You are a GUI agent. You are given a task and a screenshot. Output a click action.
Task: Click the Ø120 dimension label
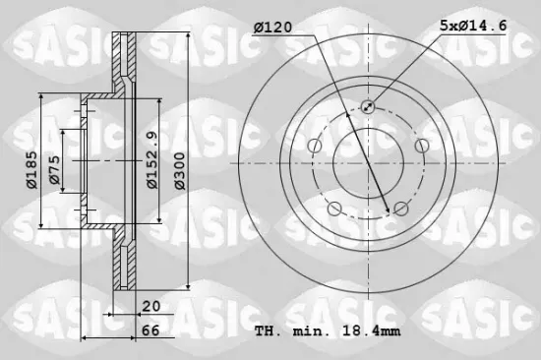point(273,27)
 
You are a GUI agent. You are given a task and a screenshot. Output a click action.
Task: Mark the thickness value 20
point(150,305)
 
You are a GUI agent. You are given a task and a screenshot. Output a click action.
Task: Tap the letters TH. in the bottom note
point(266,330)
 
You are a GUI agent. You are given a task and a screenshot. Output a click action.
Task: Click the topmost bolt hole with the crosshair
point(368,107)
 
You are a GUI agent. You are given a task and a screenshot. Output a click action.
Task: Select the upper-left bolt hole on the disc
point(314,147)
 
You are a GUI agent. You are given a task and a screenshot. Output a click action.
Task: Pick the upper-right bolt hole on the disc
point(422,147)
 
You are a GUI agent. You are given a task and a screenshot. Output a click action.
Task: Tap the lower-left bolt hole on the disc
point(334,209)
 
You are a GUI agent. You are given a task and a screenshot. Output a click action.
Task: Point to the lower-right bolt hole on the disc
point(401,209)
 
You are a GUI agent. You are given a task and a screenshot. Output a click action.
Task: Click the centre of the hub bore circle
point(368,163)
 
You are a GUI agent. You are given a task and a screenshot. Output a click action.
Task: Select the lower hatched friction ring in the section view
point(122,264)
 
